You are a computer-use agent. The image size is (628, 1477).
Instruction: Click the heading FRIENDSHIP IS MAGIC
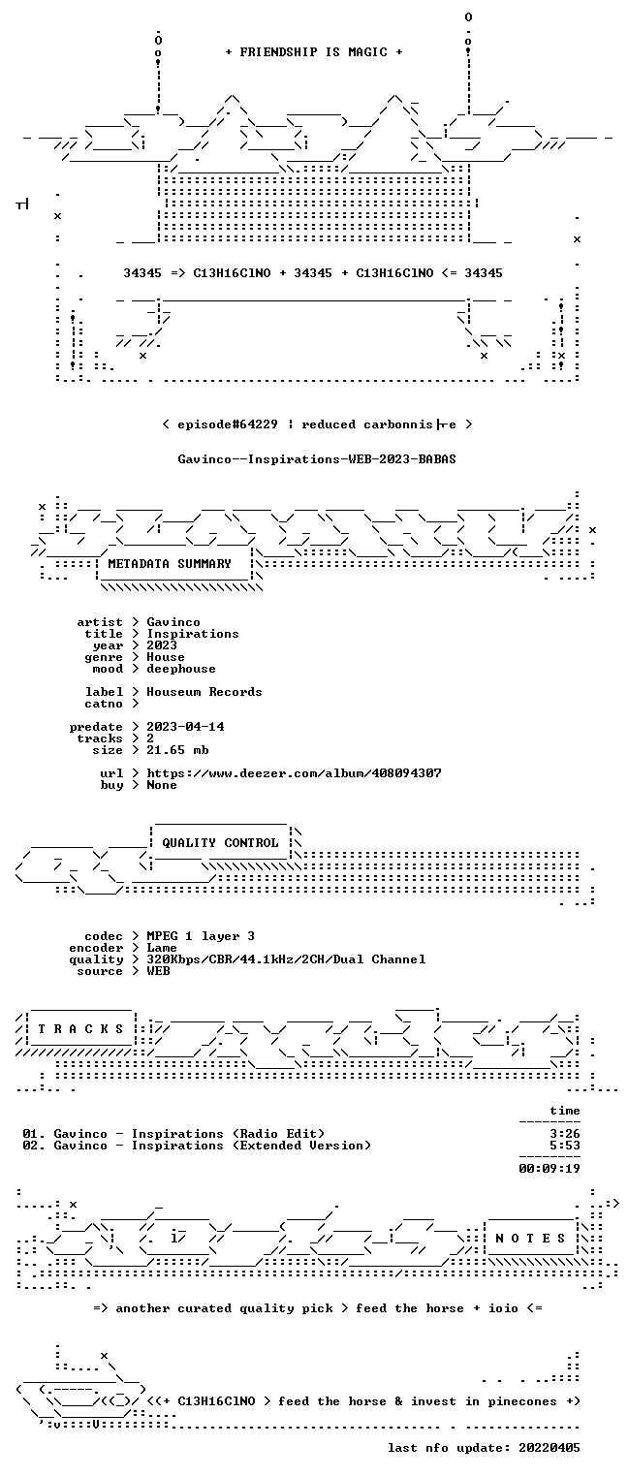point(313,52)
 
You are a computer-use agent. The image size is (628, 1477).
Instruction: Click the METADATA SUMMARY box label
point(170,564)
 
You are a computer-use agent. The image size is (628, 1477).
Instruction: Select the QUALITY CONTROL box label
point(220,842)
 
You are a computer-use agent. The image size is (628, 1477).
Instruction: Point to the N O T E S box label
point(530,1239)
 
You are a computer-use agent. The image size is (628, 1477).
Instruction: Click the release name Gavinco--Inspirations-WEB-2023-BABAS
point(317,459)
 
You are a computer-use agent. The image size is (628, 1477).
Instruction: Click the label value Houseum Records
point(204,692)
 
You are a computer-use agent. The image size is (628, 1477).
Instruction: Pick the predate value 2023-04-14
point(185,727)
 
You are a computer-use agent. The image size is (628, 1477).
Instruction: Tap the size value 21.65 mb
point(177,750)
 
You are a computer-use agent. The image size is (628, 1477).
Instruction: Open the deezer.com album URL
point(295,772)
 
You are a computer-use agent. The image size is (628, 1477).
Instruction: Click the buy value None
point(162,785)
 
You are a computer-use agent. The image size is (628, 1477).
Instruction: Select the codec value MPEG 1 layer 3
point(201,936)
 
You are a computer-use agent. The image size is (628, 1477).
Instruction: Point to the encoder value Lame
point(162,948)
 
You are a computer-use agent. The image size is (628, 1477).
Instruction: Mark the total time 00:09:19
point(549,1169)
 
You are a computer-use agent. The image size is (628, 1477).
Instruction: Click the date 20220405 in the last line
point(549,1448)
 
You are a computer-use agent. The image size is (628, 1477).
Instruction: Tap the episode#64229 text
point(228,424)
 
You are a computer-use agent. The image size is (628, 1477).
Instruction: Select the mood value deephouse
point(181,669)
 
